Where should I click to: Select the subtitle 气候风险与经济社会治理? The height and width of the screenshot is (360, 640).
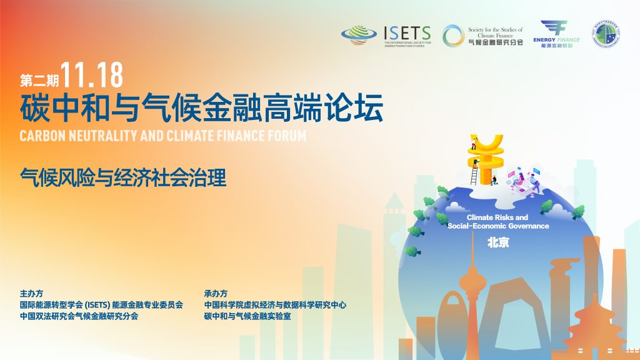[x=122, y=177]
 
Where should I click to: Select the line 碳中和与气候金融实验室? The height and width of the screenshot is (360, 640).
[x=247, y=316]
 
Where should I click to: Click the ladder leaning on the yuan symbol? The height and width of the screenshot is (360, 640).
[x=474, y=174]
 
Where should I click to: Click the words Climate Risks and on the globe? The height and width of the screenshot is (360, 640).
[x=497, y=217]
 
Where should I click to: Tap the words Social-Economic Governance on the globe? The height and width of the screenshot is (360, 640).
[x=498, y=226]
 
